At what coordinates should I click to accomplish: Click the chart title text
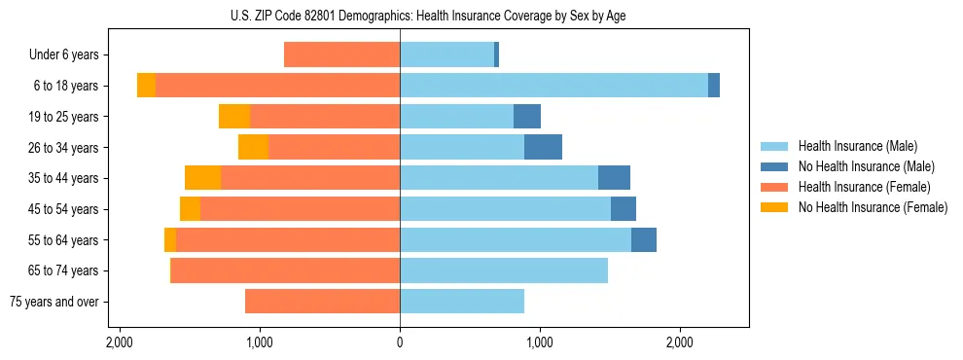click(x=401, y=16)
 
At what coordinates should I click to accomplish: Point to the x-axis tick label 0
click(x=400, y=343)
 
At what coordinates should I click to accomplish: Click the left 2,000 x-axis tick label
click(x=120, y=343)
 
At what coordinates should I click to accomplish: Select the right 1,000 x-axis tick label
click(x=540, y=343)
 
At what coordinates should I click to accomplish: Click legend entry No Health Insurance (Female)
click(x=873, y=207)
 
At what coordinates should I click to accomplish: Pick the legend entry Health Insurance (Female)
click(x=864, y=187)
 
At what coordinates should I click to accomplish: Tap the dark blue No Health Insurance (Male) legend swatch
click(x=775, y=166)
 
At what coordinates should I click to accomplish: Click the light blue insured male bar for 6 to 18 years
click(x=553, y=86)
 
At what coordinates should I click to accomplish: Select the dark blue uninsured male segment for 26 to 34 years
click(x=543, y=147)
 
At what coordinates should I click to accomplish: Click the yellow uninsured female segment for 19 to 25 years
click(x=234, y=117)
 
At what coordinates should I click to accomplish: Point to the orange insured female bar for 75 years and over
click(x=322, y=302)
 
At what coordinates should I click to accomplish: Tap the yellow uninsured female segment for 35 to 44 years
click(x=202, y=178)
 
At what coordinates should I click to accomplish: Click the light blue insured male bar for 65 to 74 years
click(x=504, y=270)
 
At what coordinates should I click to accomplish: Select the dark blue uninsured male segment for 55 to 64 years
click(x=644, y=239)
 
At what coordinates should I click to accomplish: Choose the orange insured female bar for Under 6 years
click(x=341, y=55)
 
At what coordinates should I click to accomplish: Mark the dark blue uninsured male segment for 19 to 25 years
click(x=527, y=117)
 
